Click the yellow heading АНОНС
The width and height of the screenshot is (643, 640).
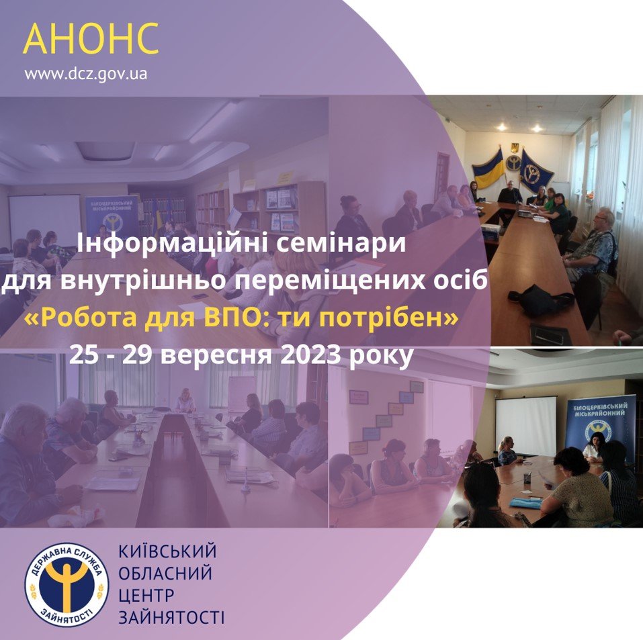click(91, 38)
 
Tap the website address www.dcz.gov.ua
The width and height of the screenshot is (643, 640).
click(86, 75)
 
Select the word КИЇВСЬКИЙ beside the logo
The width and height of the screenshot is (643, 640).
click(167, 551)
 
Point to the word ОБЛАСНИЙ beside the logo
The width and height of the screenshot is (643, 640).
click(165, 573)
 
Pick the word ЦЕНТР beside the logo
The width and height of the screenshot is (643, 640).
click(146, 595)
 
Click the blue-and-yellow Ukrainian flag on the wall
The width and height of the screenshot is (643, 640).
click(488, 169)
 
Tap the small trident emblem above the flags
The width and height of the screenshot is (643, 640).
click(514, 148)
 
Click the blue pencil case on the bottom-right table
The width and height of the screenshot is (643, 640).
click(527, 502)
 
